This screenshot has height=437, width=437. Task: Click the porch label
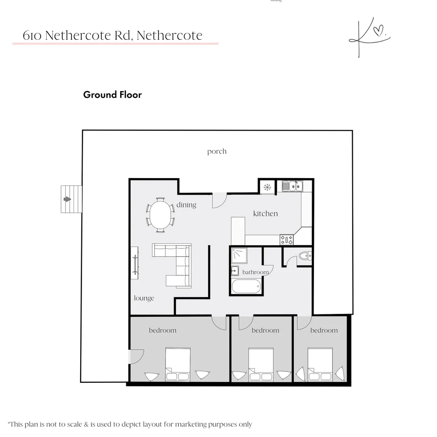[x=216, y=152]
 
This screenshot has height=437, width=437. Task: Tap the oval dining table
[x=161, y=215]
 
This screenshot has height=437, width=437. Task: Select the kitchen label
[x=265, y=214]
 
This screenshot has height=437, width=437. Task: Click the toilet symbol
[x=305, y=256]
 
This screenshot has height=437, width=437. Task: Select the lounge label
[x=144, y=299]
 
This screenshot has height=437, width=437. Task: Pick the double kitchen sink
[x=293, y=186]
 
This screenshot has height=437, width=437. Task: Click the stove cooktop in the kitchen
[x=287, y=240]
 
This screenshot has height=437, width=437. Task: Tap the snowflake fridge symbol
[x=267, y=187]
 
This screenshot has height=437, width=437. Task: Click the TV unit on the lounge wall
[x=135, y=262]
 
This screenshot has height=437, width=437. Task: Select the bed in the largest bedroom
[x=178, y=364]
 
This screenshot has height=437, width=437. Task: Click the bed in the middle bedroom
[x=261, y=364]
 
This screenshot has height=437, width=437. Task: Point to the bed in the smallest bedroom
[x=320, y=364]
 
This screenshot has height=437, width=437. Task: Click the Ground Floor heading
[x=112, y=95]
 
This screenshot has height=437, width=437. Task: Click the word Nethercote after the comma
[x=170, y=36]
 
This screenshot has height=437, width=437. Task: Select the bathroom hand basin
[x=235, y=271]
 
